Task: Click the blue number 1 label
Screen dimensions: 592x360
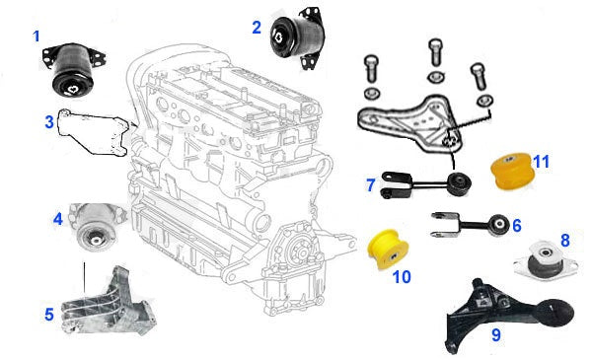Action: coord(37,36)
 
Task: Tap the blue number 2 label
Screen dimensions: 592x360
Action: coord(257,28)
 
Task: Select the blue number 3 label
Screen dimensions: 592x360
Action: coord(49,122)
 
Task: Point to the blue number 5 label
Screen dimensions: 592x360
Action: coord(49,315)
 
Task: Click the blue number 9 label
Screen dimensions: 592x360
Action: coord(496,334)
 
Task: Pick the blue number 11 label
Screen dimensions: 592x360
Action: coord(541,162)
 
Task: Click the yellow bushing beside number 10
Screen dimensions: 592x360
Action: coord(388,250)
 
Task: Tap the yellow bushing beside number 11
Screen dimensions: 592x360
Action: coord(512,171)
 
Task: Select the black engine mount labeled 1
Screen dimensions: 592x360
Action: coord(74,71)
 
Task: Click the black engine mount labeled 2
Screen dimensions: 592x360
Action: coord(298,38)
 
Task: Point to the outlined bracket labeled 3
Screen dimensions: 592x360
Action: coord(94,132)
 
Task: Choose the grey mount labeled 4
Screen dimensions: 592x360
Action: coord(97,227)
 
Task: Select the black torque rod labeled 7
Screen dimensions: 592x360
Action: coord(425,184)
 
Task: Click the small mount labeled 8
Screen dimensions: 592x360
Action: coord(546,259)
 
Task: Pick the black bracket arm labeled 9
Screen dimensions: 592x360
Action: coord(506,314)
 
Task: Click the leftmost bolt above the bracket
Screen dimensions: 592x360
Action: coord(372,69)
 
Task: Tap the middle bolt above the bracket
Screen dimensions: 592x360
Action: coord(436,53)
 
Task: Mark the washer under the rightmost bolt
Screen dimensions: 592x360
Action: coord(484,102)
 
